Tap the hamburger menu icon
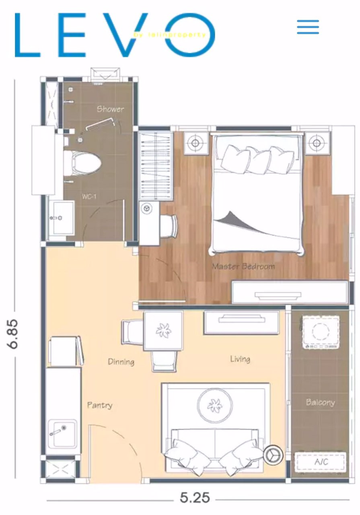[308, 27]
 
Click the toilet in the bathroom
[82, 162]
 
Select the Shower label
[110, 109]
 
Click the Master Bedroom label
[243, 266]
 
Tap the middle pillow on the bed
[257, 160]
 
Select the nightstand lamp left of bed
[195, 143]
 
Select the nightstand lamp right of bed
[317, 143]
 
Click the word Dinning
[121, 362]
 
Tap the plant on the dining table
[163, 330]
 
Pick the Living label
[240, 358]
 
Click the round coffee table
[215, 406]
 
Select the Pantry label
[100, 405]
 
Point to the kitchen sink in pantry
[62, 434]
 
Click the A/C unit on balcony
[320, 462]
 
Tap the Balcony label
[320, 402]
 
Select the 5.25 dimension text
[195, 498]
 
